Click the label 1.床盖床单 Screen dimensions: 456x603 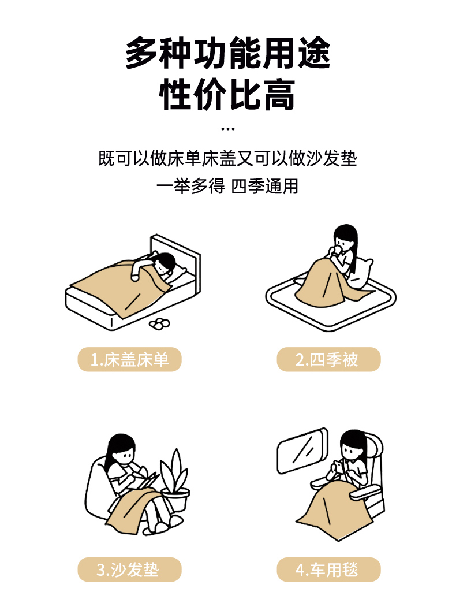tap(129, 360)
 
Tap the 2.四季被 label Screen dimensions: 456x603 tap(328, 360)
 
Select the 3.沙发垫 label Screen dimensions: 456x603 tap(129, 569)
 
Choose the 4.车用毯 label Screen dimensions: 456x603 tap(328, 569)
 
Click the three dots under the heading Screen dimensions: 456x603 tap(228, 129)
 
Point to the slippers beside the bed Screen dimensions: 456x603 tap(159, 324)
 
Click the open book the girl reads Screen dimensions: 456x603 tap(145, 479)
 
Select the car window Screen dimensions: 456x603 tap(302, 451)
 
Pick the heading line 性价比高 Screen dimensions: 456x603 tap(227, 95)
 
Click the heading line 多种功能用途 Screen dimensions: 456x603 tap(228, 53)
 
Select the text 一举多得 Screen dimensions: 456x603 tap(190, 187)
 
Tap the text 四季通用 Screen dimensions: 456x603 tap(265, 187)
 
